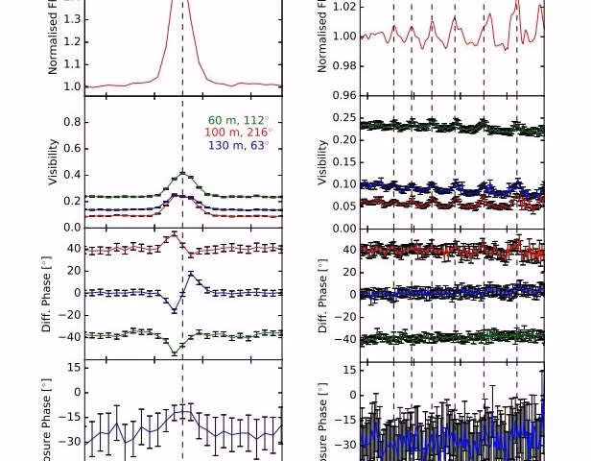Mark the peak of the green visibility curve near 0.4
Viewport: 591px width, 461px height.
tap(182, 174)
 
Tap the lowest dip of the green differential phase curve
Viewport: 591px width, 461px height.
tap(175, 353)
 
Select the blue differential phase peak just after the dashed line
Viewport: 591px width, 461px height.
tap(191, 275)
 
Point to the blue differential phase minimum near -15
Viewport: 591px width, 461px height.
tap(175, 309)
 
